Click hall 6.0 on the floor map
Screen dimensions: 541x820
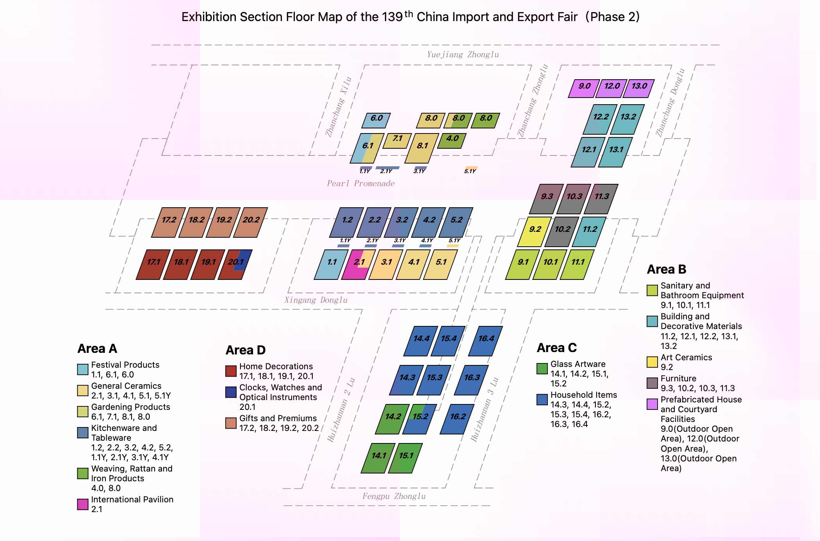376,120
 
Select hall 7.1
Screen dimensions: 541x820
397,141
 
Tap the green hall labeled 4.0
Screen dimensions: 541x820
452,141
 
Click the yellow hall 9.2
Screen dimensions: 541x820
535,231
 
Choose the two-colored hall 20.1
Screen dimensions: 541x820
235,264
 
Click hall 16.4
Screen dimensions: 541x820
486,341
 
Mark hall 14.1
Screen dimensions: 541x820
378,458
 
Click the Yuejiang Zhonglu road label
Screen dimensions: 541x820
463,55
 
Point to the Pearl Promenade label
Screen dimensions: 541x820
361,183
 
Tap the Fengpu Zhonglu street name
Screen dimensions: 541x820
394,496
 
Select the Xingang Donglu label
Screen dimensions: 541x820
316,300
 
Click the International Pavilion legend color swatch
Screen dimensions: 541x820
83,504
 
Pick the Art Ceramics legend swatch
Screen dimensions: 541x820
652,362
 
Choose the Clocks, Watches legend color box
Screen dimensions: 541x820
231,392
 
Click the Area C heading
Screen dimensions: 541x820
556,347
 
